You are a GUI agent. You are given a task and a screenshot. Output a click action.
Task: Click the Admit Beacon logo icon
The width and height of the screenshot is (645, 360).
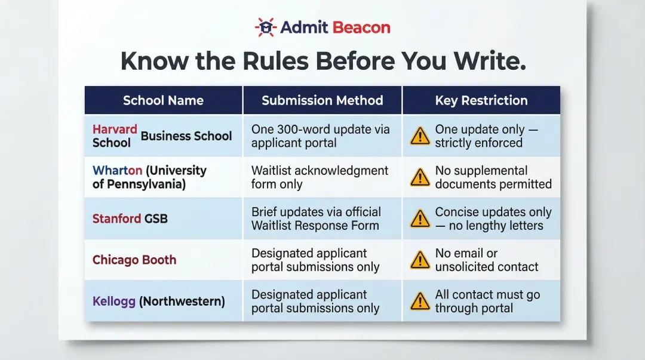265,27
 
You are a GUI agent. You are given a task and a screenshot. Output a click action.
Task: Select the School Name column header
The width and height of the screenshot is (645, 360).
163,100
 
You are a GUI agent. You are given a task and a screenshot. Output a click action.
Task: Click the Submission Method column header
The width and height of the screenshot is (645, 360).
322,100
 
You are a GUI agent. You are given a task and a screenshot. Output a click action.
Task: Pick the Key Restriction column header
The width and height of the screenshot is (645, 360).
481,100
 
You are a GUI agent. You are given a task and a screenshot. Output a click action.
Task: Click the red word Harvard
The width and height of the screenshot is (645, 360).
115,129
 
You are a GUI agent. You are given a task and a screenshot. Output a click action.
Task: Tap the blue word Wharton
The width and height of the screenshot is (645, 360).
117,170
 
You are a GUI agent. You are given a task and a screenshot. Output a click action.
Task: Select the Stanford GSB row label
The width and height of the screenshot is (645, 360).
130,219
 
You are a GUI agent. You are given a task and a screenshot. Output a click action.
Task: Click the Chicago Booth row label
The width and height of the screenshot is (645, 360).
134,260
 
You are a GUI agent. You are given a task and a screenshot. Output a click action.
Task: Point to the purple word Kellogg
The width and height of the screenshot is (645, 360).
114,301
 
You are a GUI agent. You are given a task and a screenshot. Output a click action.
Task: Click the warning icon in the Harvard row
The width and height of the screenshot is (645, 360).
420,136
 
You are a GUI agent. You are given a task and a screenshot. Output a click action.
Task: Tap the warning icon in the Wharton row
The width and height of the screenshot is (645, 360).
420,177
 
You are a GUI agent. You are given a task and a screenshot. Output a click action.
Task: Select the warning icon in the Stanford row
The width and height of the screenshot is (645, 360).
420,219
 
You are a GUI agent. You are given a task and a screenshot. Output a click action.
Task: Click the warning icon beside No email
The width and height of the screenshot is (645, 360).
420,260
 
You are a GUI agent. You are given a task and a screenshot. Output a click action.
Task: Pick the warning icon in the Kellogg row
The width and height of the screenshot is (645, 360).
420,301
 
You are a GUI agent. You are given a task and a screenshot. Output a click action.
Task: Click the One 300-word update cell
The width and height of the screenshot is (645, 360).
320,136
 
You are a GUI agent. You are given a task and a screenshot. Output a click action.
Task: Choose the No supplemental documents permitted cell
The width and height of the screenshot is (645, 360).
493,177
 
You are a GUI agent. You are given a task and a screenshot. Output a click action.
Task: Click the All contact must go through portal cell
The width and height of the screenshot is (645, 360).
487,301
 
